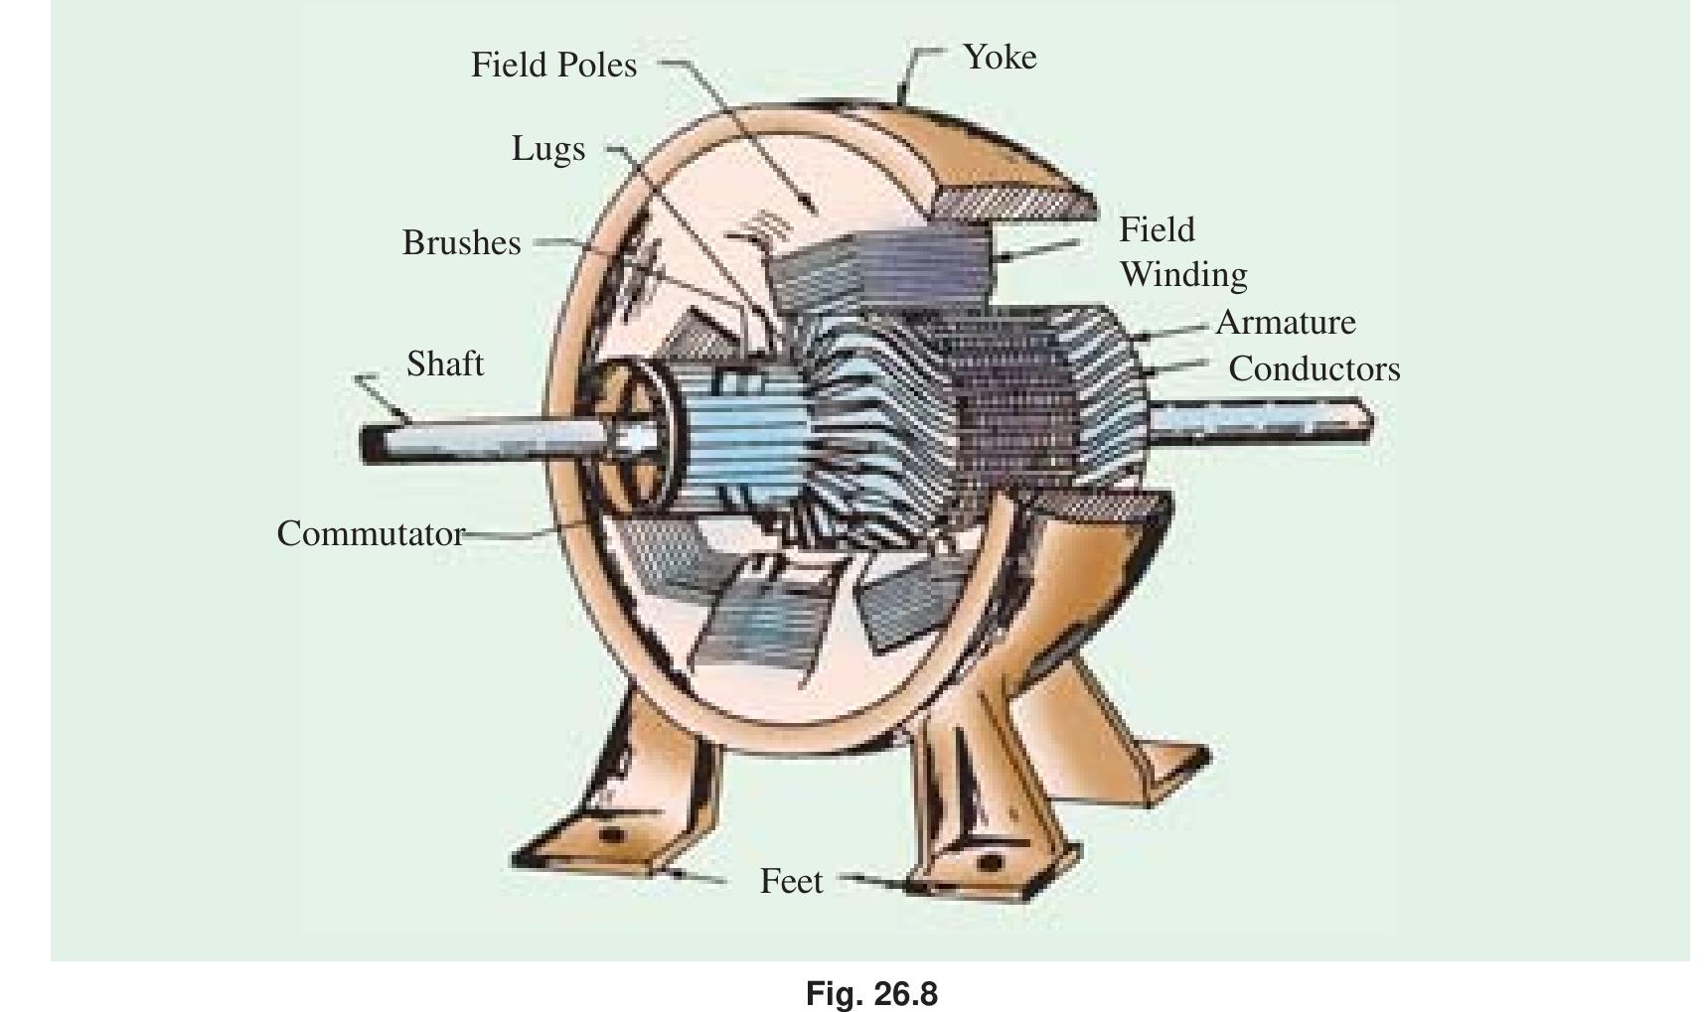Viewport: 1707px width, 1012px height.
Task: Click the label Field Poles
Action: click(553, 66)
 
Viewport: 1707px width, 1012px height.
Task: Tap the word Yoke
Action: click(1000, 58)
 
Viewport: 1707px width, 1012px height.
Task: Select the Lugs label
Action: click(548, 150)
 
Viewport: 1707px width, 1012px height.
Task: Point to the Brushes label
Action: click(461, 243)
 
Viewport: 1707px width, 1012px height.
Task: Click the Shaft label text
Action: click(445, 364)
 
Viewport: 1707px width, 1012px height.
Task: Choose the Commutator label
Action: click(371, 534)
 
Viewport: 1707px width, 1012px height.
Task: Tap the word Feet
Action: click(791, 882)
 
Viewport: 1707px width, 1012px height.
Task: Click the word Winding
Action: click(1183, 275)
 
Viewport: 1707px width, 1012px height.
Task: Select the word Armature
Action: click(1286, 323)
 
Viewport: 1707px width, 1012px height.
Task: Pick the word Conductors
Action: click(1315, 369)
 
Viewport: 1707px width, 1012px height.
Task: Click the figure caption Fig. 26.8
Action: click(871, 994)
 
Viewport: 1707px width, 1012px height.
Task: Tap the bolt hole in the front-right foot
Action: click(990, 862)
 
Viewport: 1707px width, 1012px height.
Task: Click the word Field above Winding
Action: click(1157, 230)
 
